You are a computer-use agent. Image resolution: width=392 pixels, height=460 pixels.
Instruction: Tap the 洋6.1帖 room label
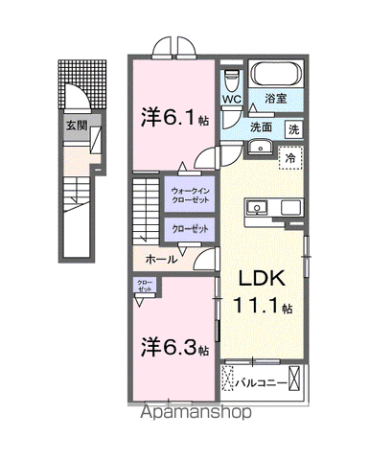point(172,119)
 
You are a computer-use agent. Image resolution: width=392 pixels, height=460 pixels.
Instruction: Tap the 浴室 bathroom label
point(276,99)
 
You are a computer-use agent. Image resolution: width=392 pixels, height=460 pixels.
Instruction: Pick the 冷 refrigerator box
point(288,154)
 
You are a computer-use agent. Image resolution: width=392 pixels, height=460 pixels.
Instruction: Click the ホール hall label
point(161,259)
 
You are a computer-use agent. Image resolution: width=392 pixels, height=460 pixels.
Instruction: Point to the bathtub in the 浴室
point(276,75)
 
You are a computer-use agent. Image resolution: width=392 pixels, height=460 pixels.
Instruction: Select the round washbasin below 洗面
point(260,147)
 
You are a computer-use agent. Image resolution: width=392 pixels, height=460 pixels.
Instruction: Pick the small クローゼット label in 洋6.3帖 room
point(145,286)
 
